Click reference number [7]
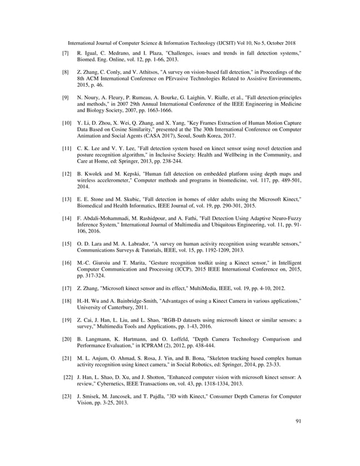click(x=65, y=52)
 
